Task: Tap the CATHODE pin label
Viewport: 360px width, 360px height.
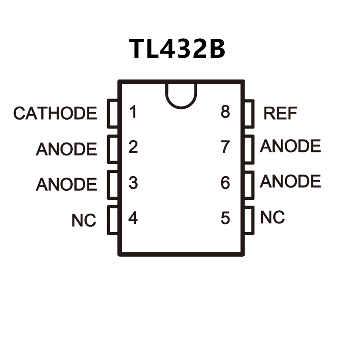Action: [x=55, y=113]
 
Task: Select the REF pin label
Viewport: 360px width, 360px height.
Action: [x=280, y=113]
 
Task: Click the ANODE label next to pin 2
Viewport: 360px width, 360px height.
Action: [x=66, y=149]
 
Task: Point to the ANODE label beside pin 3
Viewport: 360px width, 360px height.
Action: [x=66, y=185]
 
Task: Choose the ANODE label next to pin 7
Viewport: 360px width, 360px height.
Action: [x=290, y=146]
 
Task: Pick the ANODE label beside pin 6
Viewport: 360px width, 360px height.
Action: [x=290, y=181]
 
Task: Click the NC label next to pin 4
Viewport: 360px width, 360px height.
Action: [x=84, y=221]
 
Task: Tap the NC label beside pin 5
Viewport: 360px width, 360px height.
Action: [x=273, y=217]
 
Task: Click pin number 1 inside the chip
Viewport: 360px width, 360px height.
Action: [x=133, y=112]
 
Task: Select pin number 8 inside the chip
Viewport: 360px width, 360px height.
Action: [x=225, y=112]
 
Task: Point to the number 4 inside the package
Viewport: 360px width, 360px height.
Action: [x=133, y=218]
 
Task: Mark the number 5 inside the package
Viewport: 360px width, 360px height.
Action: [x=225, y=218]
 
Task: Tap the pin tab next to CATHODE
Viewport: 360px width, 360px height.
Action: [x=113, y=113]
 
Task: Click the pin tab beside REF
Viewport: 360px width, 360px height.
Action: [x=249, y=113]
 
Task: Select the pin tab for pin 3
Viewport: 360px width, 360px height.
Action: [x=113, y=185]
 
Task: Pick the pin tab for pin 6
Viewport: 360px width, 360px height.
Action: [x=249, y=185]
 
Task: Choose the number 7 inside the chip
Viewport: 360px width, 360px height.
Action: [x=225, y=147]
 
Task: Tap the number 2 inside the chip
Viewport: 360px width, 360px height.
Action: [x=133, y=147]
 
